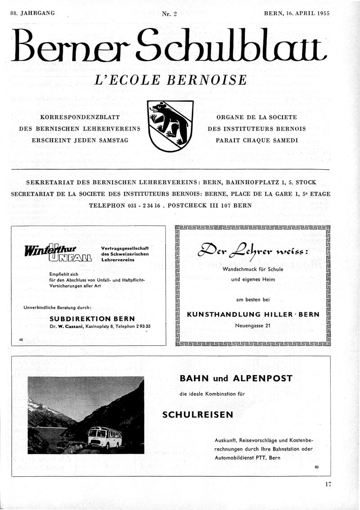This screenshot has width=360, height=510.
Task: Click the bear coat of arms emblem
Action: coord(170,126)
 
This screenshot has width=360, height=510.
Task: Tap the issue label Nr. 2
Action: coord(169,14)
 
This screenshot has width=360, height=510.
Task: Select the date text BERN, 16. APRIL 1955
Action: coord(297,14)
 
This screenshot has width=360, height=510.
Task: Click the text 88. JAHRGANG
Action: coord(32,14)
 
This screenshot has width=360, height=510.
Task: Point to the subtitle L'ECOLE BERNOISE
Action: coord(171,80)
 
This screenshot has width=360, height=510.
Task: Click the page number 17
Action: coord(328,485)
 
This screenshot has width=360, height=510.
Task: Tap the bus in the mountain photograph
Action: coord(104,437)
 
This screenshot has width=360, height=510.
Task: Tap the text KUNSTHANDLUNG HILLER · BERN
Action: coord(253,314)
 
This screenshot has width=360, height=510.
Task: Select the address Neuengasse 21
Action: coord(252,325)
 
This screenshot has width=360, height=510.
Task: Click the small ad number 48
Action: coord(21,340)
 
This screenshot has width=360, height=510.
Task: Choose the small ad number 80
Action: coord(317,467)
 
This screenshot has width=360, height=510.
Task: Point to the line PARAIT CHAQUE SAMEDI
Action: coord(256,140)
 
